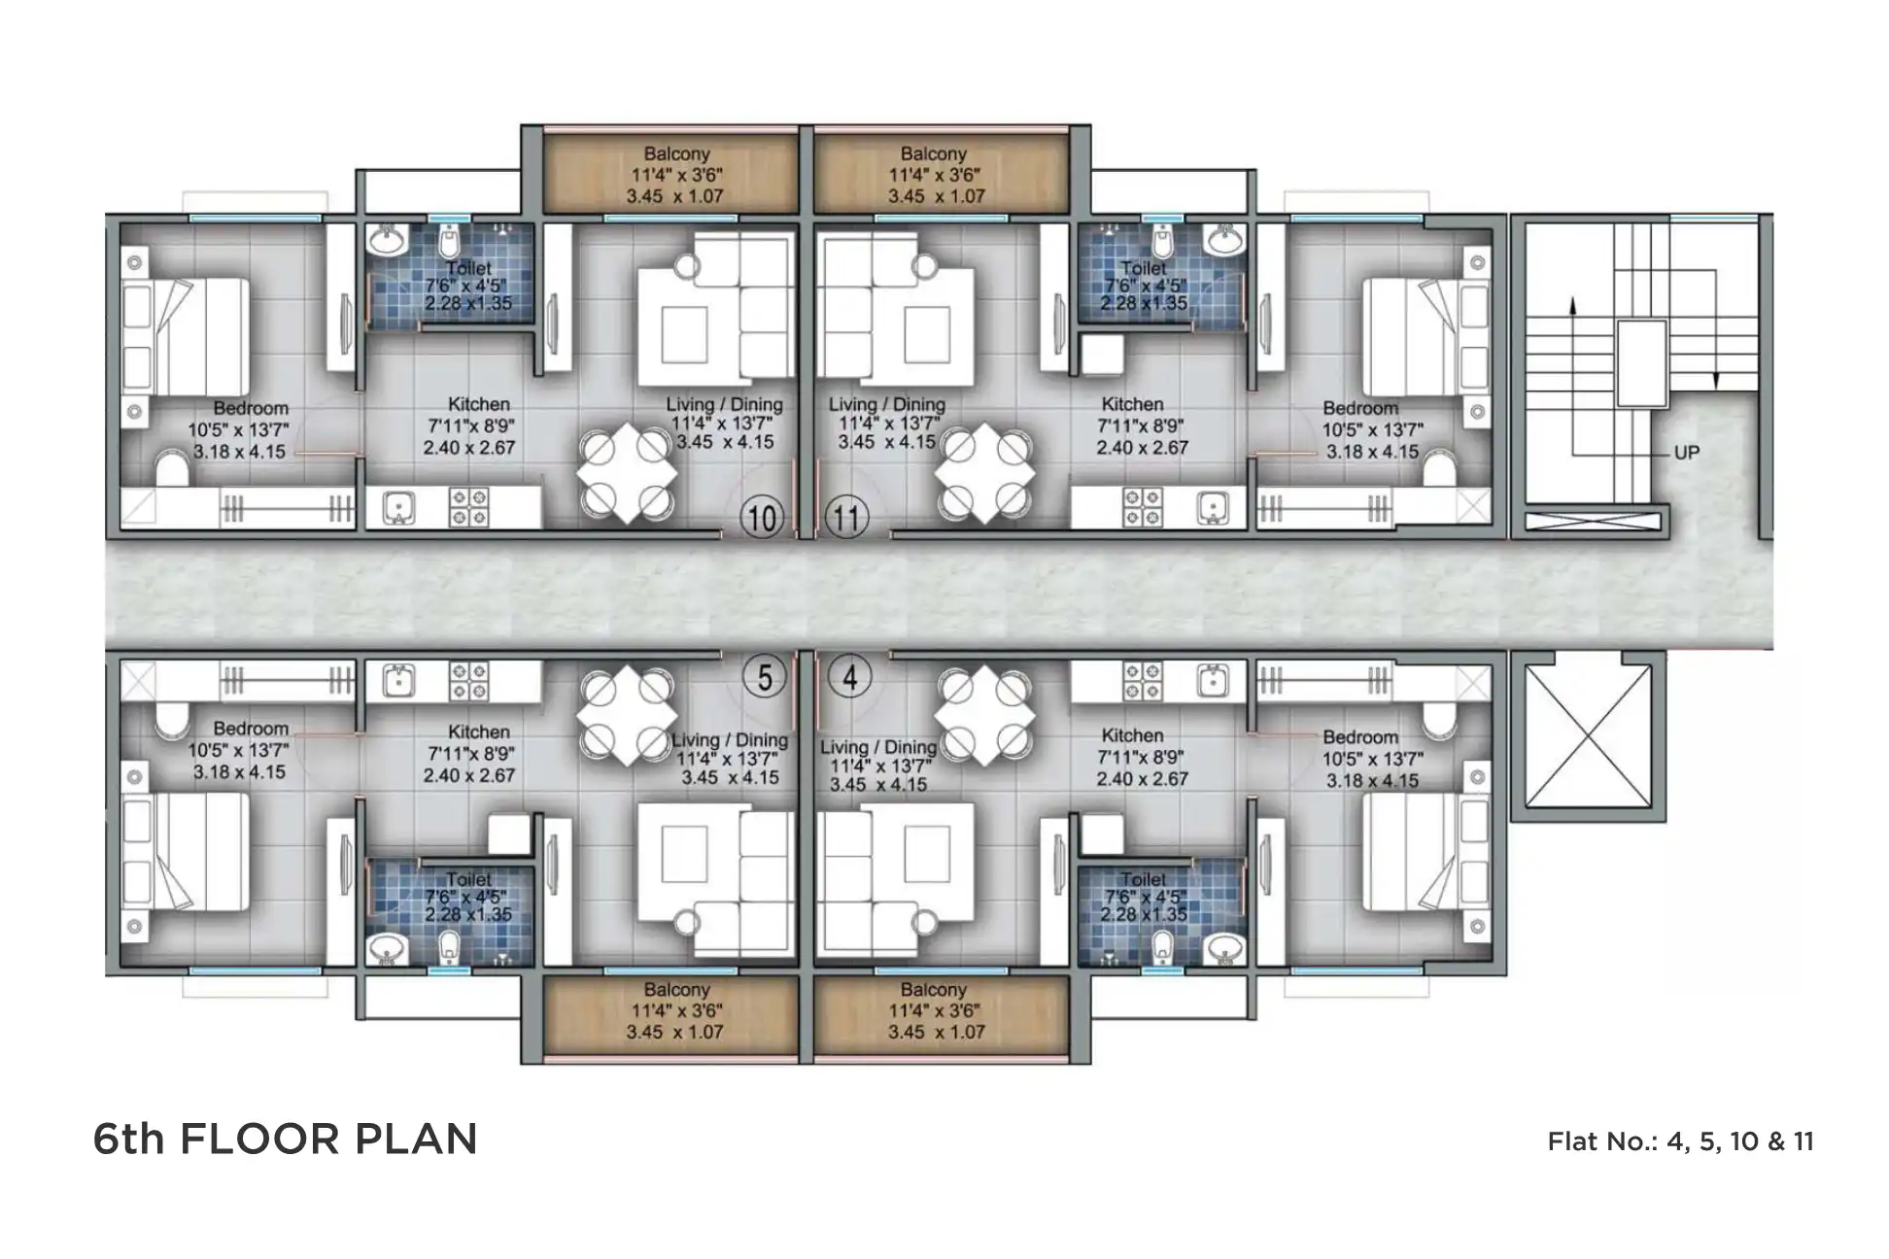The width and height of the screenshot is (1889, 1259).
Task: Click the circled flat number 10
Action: (x=763, y=517)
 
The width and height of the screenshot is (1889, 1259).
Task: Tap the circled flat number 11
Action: (x=847, y=517)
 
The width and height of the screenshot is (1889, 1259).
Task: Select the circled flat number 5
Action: (x=765, y=676)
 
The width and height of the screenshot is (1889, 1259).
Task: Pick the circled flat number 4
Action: (x=850, y=676)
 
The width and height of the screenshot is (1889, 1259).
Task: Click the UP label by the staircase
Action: (x=1686, y=453)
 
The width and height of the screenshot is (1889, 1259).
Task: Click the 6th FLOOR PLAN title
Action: (x=285, y=1139)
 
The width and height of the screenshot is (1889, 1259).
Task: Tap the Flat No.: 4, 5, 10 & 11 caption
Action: (x=1680, y=1140)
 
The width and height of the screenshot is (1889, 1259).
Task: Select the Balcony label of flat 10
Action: (x=676, y=153)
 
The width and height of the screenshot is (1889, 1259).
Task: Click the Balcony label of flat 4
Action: (x=933, y=990)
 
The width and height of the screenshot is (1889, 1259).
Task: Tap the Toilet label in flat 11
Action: (x=1144, y=267)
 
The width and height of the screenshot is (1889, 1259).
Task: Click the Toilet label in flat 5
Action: (x=468, y=880)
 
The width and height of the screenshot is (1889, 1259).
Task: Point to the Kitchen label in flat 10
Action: (x=478, y=404)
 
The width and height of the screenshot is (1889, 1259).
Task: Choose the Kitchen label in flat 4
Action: (x=1132, y=735)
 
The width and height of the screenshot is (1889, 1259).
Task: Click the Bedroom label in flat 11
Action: (x=1359, y=408)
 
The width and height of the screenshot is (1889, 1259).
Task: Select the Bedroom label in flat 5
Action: (x=251, y=729)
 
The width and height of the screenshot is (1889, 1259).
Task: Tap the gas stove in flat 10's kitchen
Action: (x=468, y=507)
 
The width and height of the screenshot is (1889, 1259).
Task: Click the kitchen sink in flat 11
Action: (x=1212, y=507)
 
